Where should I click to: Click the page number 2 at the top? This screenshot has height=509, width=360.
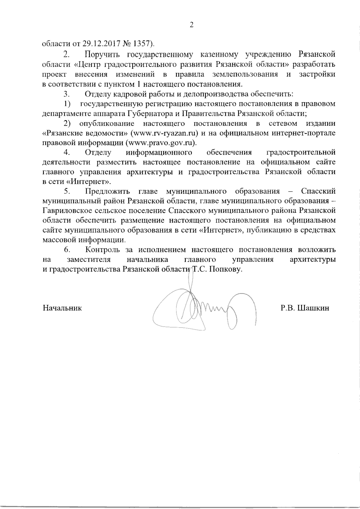[192, 25]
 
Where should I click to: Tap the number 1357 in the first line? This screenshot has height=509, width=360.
[141, 44]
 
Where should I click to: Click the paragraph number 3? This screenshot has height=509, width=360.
[66, 94]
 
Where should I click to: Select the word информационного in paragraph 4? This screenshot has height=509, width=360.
[159, 153]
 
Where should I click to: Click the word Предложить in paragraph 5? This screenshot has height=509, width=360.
[107, 191]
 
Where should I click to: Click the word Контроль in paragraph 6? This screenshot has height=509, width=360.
[103, 250]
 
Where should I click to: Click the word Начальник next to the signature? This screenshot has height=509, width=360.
[62, 308]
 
